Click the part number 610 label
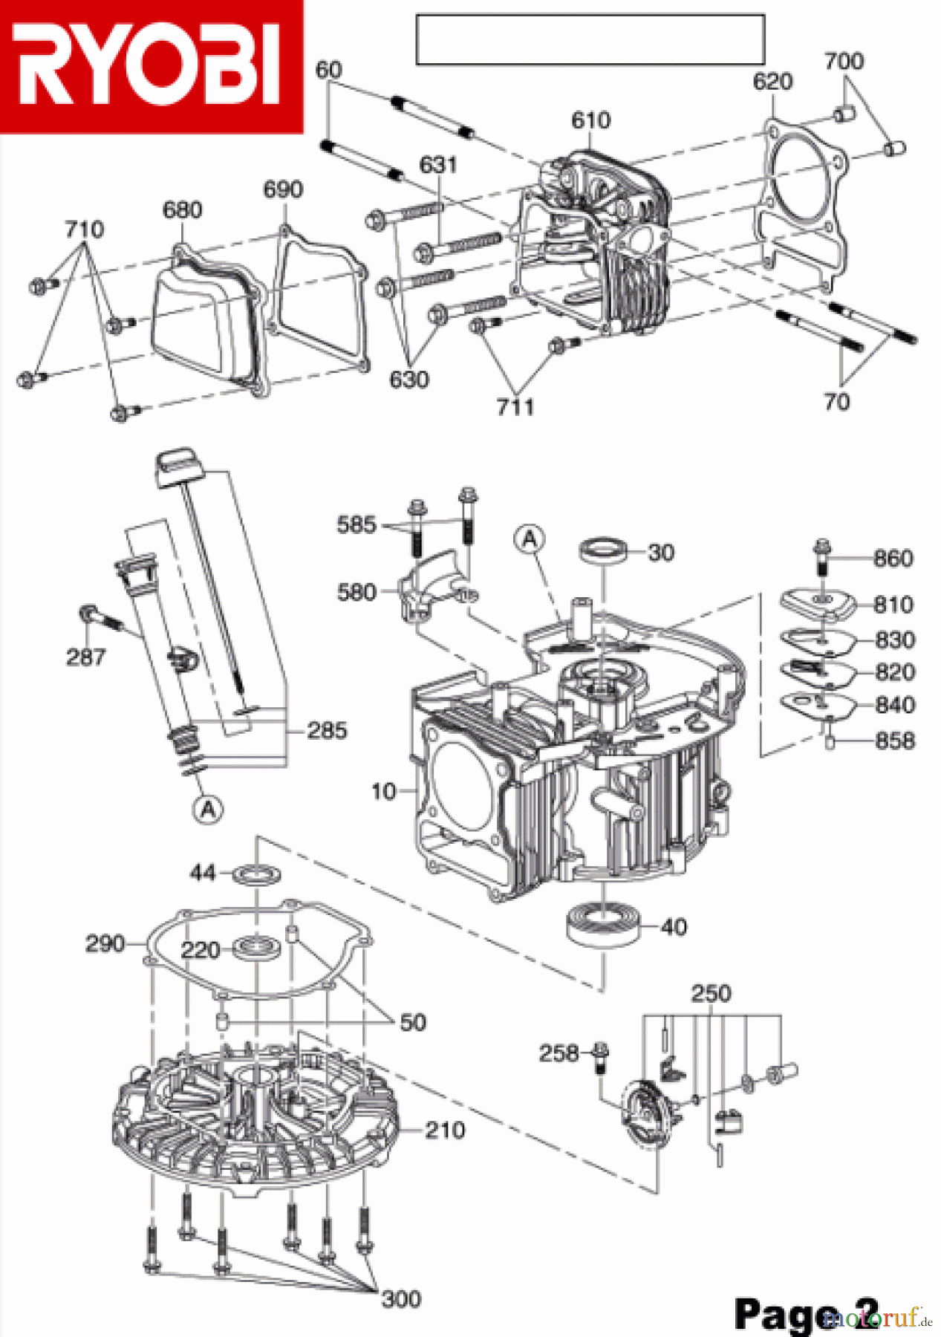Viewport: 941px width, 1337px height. [590, 120]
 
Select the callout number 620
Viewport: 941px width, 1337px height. [772, 82]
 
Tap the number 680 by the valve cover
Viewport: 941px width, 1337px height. [182, 210]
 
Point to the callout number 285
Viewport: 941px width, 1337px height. [327, 731]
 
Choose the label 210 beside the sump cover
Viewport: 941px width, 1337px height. [445, 1131]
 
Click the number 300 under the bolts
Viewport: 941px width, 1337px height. [401, 1298]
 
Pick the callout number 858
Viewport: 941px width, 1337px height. [894, 741]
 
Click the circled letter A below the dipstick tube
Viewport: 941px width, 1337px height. [209, 808]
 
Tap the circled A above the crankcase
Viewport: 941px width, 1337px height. [530, 539]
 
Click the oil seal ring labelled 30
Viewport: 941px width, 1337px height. [602, 552]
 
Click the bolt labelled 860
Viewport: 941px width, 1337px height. [821, 556]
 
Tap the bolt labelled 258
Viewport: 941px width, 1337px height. [601, 1055]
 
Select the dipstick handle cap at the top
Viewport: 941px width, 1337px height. [179, 466]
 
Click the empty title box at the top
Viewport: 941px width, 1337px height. [590, 39]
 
